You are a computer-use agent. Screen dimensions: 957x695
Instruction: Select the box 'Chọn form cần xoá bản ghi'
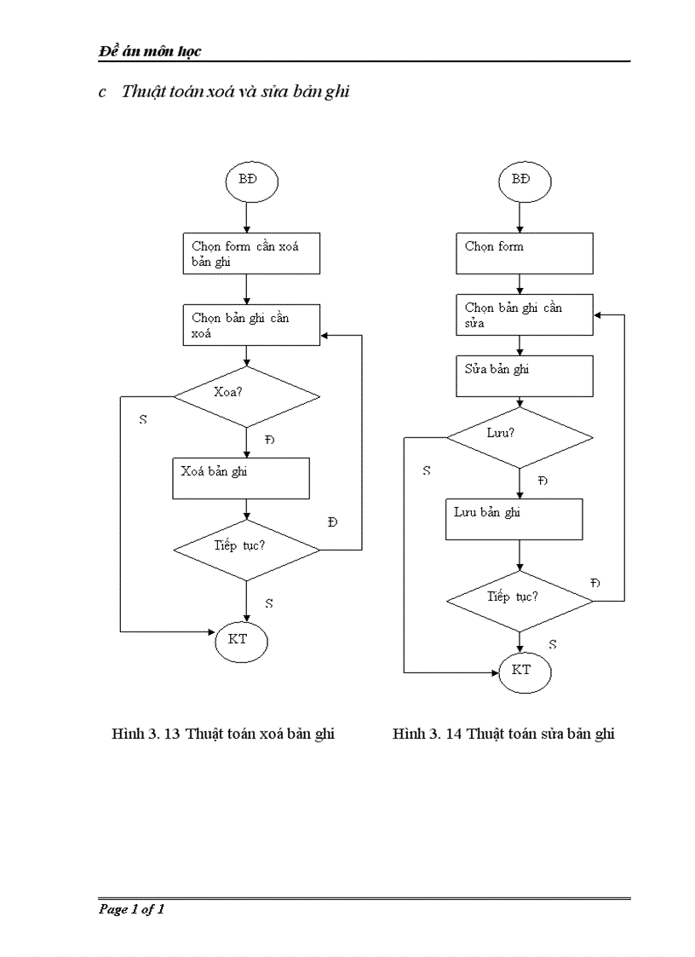pos(251,254)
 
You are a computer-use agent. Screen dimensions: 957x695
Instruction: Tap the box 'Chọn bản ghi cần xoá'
pos(251,326)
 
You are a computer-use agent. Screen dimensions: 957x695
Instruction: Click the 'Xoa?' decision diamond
pos(246,396)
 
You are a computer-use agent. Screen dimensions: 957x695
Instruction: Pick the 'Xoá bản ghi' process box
pos(241,478)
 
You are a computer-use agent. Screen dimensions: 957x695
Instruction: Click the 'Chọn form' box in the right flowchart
pos(524,254)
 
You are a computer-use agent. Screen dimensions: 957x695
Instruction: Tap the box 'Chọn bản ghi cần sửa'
pos(524,314)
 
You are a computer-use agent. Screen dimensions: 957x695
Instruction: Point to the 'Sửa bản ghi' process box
pos(524,376)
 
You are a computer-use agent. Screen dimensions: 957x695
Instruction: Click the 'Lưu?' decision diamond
pos(520,437)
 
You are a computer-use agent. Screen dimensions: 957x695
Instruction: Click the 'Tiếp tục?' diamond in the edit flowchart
pos(520,601)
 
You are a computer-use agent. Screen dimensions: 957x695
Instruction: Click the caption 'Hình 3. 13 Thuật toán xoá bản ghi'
pos(223,734)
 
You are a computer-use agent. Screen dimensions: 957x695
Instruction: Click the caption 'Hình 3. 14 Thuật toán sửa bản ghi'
pos(503,734)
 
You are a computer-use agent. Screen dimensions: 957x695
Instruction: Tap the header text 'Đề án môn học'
pos(150,51)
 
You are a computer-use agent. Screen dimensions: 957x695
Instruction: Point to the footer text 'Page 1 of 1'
pos(131,909)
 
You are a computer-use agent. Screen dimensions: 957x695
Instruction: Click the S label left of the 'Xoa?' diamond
pos(142,420)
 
